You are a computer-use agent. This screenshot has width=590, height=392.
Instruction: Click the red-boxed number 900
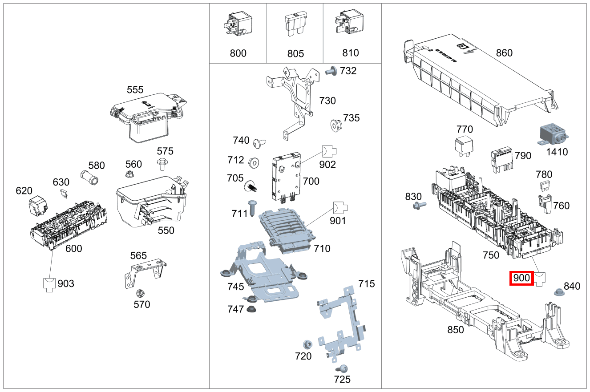(521, 279)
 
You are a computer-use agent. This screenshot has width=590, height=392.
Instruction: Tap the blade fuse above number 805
(295, 26)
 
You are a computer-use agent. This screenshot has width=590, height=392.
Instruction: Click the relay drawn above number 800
(238, 24)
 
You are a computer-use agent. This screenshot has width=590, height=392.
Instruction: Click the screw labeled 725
(343, 368)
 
